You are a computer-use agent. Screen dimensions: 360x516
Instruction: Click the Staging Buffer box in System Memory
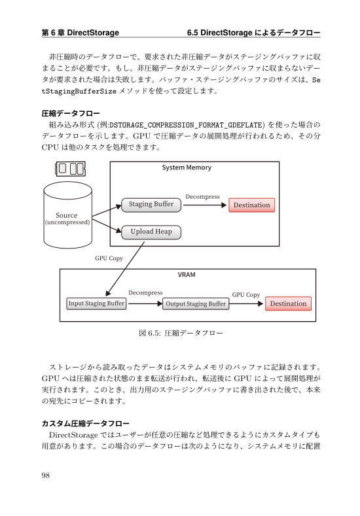[151, 205]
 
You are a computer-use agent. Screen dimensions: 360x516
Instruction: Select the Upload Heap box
[151, 232]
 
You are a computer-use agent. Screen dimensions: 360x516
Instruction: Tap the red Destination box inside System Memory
[251, 205]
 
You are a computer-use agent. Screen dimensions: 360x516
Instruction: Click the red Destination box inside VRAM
[288, 303]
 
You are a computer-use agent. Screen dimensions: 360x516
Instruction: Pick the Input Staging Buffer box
[96, 303]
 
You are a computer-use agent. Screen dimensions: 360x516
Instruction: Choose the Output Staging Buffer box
[196, 303]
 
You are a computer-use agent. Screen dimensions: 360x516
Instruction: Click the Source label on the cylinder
[67, 215]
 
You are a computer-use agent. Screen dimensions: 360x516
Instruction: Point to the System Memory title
[187, 167]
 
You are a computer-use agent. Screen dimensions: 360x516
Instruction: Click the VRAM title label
[187, 275]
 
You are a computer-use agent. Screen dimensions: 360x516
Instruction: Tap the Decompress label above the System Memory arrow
[202, 197]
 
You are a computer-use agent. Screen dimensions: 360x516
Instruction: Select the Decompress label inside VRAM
[145, 293]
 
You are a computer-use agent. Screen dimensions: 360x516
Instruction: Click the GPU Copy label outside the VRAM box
[109, 258]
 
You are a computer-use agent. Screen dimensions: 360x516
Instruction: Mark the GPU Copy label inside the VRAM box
[246, 294]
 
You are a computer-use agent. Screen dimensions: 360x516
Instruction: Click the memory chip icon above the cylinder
[71, 169]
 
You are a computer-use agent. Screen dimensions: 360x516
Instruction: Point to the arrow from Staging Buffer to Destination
[205, 205]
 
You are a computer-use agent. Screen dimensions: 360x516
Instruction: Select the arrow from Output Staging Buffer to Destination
[246, 303]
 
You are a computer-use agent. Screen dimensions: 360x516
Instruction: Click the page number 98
[46, 475]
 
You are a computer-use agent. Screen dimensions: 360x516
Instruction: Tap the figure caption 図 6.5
[181, 333]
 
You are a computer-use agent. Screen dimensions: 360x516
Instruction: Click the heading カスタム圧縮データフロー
[85, 424]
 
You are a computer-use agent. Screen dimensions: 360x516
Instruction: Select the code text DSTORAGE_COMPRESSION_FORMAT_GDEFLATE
[186, 126]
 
